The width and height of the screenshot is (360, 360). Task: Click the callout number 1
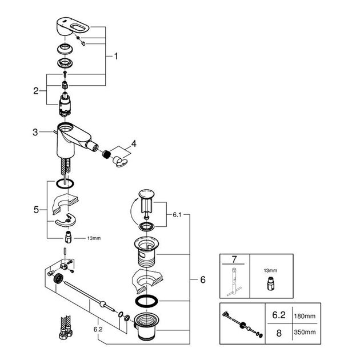click(x=116, y=56)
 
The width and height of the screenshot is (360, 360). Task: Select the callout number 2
click(x=36, y=91)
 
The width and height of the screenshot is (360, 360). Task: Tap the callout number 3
click(x=35, y=132)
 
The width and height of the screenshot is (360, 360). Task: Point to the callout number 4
click(x=134, y=144)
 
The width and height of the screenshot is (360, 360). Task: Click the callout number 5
click(x=36, y=210)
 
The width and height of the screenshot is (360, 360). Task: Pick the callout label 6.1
click(x=177, y=215)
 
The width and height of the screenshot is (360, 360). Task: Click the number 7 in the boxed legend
click(x=234, y=259)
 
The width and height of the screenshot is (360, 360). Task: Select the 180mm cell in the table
click(x=305, y=317)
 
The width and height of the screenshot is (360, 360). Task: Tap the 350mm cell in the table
click(x=305, y=332)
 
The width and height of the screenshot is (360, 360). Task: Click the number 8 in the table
click(x=279, y=333)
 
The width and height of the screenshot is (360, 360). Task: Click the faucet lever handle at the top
click(x=72, y=27)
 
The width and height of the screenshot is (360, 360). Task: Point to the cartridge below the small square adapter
click(x=65, y=105)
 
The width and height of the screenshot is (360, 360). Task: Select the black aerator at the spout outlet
click(x=106, y=154)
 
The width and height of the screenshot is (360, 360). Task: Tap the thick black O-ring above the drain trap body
click(x=146, y=301)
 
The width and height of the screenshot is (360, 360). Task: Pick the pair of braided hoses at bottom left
click(x=66, y=327)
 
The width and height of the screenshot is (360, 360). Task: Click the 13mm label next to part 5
click(x=94, y=238)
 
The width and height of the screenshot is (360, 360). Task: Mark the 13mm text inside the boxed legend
click(x=270, y=271)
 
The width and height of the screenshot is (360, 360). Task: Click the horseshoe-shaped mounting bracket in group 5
click(x=66, y=221)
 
